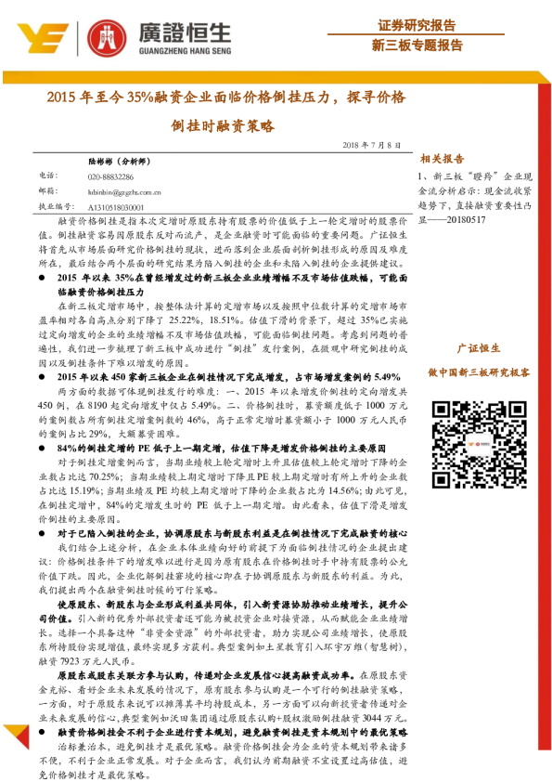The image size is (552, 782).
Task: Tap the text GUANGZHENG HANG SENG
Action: coord(186,53)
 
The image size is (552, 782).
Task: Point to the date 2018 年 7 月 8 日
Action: coord(372,147)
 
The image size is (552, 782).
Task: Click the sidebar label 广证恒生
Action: coord(479,348)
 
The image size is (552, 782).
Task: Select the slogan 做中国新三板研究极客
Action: coord(479,371)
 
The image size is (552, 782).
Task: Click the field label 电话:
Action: coord(47,176)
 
